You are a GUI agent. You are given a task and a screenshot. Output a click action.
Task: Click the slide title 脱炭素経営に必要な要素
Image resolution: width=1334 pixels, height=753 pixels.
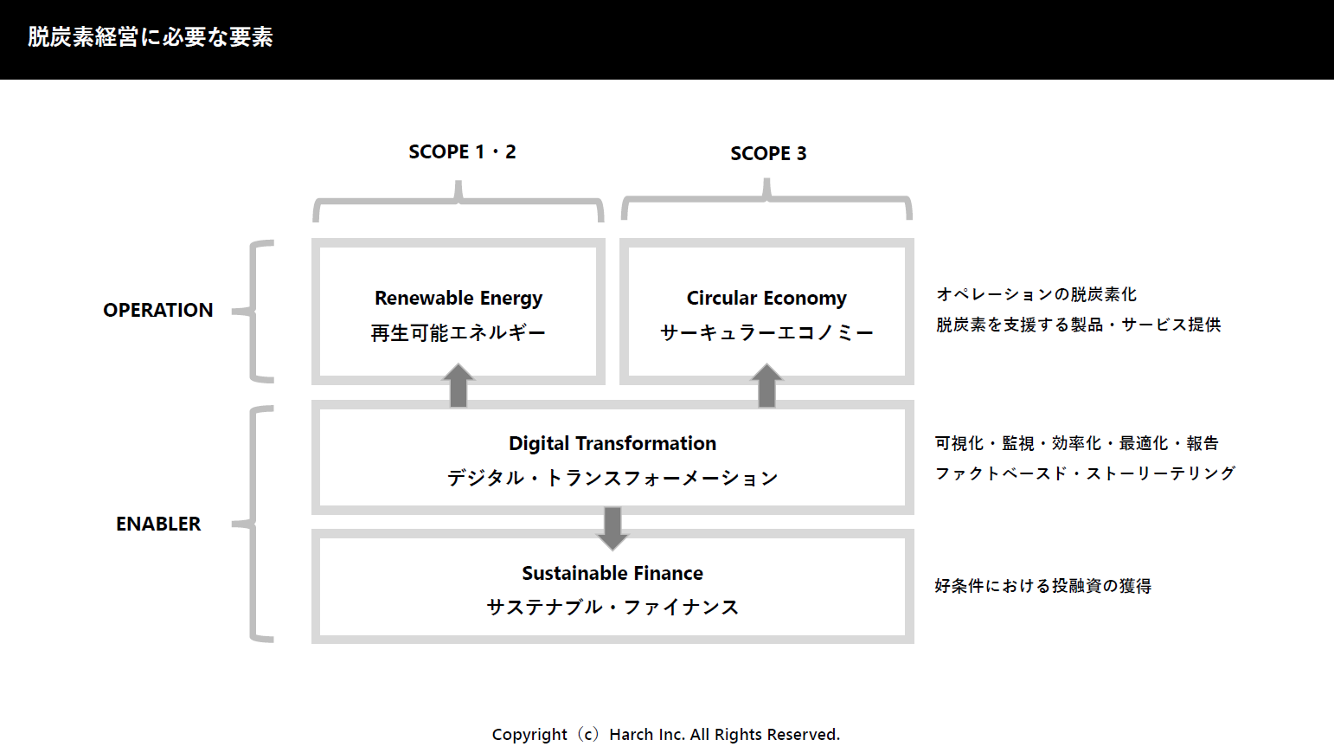pos(150,37)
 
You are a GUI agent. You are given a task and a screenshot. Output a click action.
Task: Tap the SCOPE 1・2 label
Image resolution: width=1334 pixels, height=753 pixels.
pos(462,152)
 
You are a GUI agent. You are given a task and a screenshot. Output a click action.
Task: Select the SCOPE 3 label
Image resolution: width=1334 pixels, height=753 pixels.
pos(768,154)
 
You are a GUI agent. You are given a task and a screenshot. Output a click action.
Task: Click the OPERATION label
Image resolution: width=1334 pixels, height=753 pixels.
pos(157,310)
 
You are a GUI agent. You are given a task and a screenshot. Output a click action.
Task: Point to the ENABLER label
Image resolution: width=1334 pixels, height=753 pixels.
pos(158,524)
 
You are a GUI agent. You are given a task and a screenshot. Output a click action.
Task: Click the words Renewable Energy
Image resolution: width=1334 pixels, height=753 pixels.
pos(459,298)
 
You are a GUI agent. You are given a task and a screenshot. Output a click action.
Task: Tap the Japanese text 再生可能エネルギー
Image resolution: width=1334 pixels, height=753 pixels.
pos(459,332)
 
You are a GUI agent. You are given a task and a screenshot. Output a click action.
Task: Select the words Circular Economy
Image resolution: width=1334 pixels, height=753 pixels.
pos(766,298)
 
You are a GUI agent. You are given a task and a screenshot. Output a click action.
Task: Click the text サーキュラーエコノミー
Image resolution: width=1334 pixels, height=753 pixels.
pos(766,332)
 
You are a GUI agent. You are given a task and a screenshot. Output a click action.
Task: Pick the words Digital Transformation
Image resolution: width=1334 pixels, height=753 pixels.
pos(612,443)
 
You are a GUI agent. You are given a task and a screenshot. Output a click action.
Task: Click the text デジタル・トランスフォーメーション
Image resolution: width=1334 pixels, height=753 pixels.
pos(612,478)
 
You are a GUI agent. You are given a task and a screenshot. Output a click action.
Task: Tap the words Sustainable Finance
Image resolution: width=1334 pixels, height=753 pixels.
pos(612,573)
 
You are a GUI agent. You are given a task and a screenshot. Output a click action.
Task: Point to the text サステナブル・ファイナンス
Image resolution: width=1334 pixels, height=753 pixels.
pos(612,607)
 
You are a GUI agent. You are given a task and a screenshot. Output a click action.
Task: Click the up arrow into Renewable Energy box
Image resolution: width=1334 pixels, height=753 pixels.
pos(459,385)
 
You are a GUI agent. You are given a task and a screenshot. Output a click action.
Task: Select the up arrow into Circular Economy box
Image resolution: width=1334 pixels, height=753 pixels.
pos(766,385)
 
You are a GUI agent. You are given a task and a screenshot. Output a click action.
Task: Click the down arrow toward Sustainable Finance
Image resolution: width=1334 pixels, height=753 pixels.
pos(612,529)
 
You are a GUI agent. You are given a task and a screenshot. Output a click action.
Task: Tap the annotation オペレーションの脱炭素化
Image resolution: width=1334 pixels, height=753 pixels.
pos(1036,294)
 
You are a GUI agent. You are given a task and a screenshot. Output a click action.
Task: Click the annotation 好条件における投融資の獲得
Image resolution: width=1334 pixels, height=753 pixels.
pos(1042,586)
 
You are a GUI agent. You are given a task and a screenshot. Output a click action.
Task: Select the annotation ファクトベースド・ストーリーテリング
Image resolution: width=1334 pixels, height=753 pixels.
pos(1085,473)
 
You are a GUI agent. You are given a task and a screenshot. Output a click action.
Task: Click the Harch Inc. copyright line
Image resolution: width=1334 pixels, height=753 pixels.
pos(666,735)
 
